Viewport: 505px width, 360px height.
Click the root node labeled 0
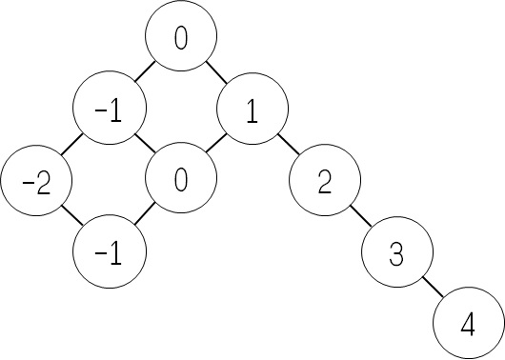[181, 38]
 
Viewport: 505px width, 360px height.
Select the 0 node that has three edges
[181, 180]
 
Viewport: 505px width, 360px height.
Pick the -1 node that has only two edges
[110, 252]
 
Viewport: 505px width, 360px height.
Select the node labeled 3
[396, 252]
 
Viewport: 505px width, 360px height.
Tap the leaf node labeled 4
[467, 324]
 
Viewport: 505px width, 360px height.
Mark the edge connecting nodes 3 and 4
[432, 288]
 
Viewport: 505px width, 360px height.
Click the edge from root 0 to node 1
[216, 73]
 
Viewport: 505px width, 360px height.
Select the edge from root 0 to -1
[145, 73]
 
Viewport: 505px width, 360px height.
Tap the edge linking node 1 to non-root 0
[216, 145]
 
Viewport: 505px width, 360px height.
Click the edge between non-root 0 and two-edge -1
[145, 216]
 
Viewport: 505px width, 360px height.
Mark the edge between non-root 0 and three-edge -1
[145, 145]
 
